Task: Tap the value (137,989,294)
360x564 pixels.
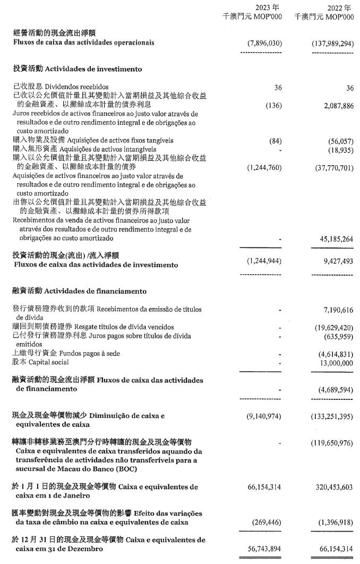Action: click(x=333, y=44)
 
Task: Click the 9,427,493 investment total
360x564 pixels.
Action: click(x=335, y=261)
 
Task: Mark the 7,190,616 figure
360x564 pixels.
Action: click(x=335, y=309)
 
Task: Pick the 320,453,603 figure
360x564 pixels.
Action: click(x=331, y=486)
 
